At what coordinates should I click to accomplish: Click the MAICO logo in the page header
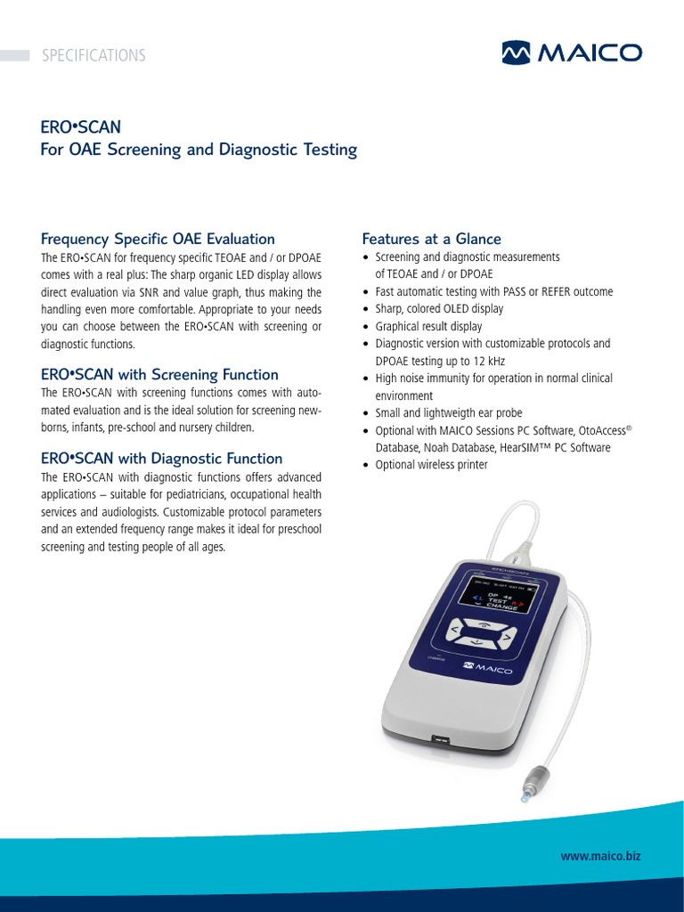[570, 53]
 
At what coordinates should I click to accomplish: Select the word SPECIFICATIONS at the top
[93, 55]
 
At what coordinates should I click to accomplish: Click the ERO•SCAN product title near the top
[81, 126]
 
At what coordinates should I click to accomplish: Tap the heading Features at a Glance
[431, 239]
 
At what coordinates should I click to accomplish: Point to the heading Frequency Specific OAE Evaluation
[158, 239]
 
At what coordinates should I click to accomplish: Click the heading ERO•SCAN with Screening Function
[159, 375]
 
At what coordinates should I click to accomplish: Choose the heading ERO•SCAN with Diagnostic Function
[161, 459]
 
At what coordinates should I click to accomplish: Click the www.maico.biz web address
[600, 856]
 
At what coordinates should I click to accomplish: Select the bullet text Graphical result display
[428, 326]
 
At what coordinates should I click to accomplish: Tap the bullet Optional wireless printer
[431, 465]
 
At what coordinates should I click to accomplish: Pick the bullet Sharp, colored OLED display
[439, 309]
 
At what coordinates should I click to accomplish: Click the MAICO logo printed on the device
[489, 669]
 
